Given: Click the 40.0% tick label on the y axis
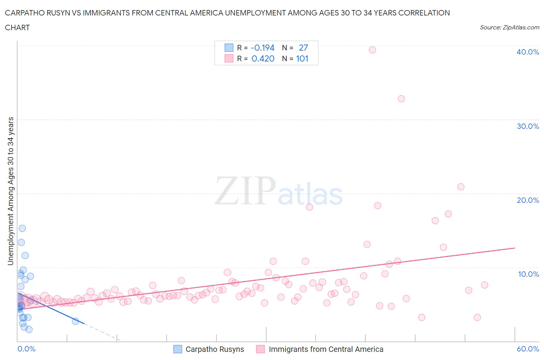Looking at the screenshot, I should tap(528, 52).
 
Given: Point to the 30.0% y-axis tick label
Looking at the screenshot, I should tap(528, 126).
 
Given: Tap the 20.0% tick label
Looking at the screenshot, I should tap(528, 200).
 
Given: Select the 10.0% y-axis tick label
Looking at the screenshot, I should tap(529, 274).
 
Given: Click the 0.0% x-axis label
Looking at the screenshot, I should tap(26, 349).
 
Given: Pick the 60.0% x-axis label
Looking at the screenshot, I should tap(528, 349).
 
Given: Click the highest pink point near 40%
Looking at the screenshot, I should tap(372, 50).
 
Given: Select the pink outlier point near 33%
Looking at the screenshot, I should tap(401, 99).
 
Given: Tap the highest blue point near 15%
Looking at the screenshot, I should tap(22, 228).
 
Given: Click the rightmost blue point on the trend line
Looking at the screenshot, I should tap(75, 321).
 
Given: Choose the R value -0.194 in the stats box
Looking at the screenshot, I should tap(262, 48).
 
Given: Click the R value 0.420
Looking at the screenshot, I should tap(263, 58).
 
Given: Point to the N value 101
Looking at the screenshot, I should tap(302, 58).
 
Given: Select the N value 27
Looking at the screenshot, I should tap(303, 48).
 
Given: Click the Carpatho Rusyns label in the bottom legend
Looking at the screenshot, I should tap(215, 349).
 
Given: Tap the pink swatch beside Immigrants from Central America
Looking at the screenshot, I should tap(260, 349).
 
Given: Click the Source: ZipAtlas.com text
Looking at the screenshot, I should tap(509, 27).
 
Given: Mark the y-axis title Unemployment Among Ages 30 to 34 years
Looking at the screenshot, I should tap(11, 191).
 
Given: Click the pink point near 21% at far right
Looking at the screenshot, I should tap(460, 187).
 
